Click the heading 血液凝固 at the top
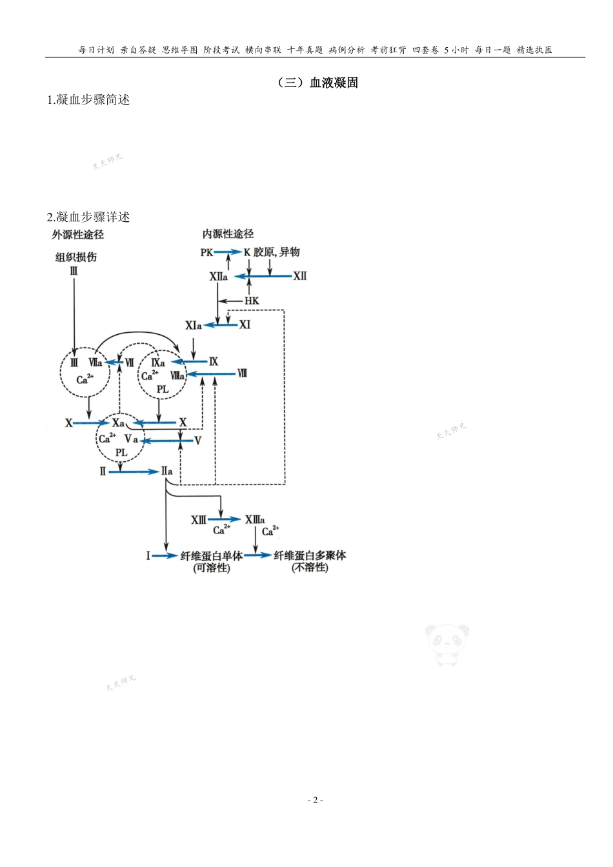point(334,83)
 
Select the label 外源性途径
point(79,235)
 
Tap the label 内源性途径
point(228,234)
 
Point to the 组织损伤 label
point(75,257)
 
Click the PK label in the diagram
point(206,253)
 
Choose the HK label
point(252,301)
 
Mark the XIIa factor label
point(218,277)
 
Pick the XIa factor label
point(194,325)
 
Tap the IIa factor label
point(167,472)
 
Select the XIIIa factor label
point(255,519)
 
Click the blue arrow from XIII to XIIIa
point(225,519)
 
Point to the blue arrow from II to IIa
point(134,472)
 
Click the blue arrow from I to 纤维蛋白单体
point(165,555)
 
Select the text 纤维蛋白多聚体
point(310,555)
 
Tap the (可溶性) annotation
point(212,568)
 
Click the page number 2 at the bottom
point(314,800)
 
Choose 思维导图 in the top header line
point(180,50)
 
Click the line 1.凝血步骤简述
point(88,99)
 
